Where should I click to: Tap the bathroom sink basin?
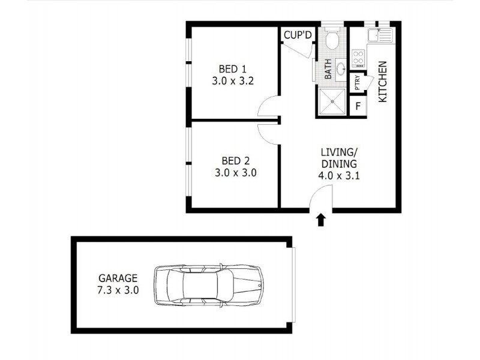tap(340, 69)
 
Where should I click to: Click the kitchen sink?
tap(380, 35)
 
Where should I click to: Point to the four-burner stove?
tap(358, 58)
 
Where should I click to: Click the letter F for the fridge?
tap(358, 107)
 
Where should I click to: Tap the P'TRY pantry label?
tap(357, 83)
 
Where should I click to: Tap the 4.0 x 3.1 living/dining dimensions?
tap(338, 176)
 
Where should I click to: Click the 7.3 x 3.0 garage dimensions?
tap(119, 289)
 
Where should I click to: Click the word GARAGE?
tap(119, 278)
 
